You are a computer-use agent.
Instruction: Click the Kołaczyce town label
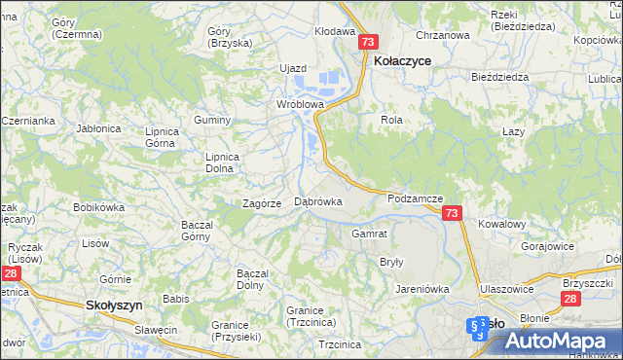point(403,60)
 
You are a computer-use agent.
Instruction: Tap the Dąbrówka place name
point(318,201)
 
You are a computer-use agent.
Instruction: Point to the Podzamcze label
point(415,198)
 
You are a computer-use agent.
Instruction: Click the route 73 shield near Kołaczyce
point(367,42)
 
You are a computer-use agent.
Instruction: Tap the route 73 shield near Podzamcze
point(451,213)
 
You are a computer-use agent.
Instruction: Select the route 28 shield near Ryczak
point(9,275)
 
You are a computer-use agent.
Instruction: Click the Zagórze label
point(262,203)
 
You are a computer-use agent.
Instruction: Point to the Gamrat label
point(370,234)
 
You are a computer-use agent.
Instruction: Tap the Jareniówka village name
point(421,289)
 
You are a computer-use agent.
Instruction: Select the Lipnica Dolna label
point(219,162)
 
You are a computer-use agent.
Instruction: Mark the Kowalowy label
point(501,223)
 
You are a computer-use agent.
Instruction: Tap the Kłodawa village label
point(334,31)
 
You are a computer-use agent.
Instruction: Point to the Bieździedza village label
point(498,76)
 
